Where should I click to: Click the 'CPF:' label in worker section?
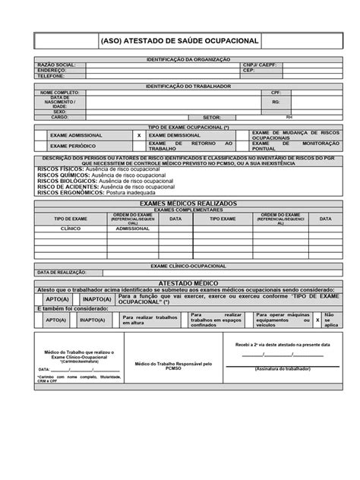coord(276,93)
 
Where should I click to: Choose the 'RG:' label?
coord(276,102)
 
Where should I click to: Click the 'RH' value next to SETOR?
coord(289,118)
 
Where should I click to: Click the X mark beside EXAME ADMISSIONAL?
coord(138,134)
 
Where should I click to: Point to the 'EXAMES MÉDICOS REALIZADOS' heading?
coord(180,204)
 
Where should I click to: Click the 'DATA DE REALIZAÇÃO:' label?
coord(60,271)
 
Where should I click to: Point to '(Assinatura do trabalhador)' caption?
coord(281,368)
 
